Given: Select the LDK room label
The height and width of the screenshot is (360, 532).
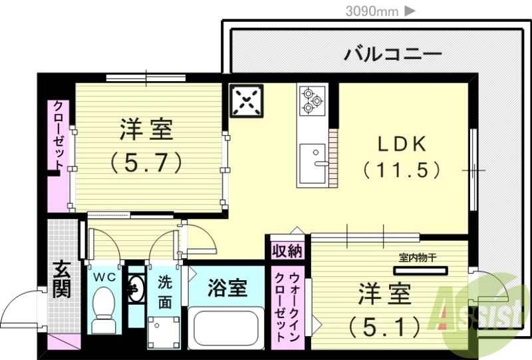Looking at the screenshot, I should (402, 144).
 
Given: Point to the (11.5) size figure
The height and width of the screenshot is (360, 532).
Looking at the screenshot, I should (402, 169).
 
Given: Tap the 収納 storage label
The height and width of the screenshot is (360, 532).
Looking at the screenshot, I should (287, 251).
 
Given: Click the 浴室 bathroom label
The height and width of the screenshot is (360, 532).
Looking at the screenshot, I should (227, 287).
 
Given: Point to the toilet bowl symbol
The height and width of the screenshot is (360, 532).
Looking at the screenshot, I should (103, 309).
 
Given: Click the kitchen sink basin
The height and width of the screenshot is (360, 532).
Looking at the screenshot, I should (311, 163).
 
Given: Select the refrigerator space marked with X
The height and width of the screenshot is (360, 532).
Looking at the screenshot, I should (247, 101).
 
